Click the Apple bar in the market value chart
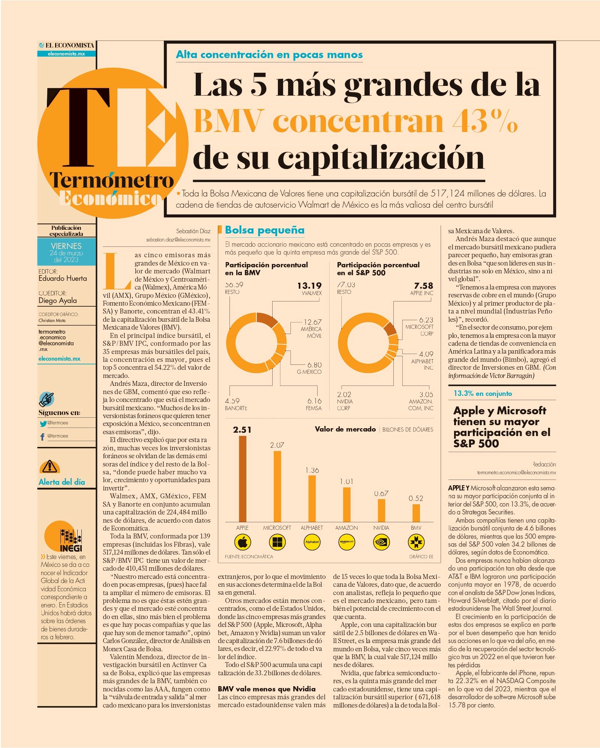(x=243, y=479)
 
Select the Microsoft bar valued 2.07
(x=277, y=486)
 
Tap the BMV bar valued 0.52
(x=416, y=513)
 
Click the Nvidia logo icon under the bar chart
(x=381, y=542)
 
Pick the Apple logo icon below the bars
(x=243, y=542)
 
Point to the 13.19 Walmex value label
(x=309, y=286)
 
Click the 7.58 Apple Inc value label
(x=424, y=286)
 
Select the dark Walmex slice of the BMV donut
(x=267, y=319)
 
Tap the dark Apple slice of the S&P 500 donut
(x=390, y=328)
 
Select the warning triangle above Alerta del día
(x=49, y=466)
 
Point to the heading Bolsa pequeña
(x=265, y=230)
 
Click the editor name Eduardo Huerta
(x=63, y=279)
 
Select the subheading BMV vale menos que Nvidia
(x=267, y=689)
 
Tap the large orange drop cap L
(x=117, y=271)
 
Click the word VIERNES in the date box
(x=66, y=246)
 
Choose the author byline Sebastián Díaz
(x=193, y=231)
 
